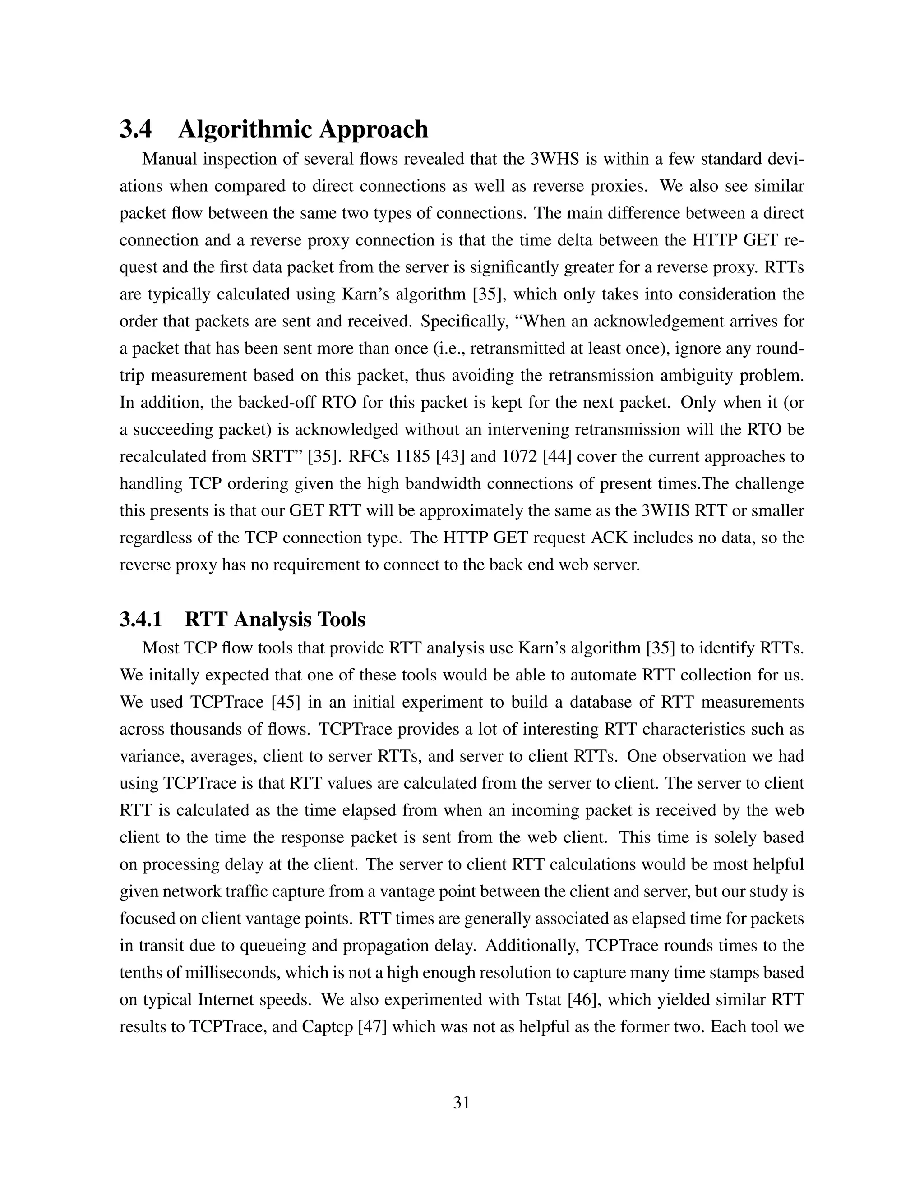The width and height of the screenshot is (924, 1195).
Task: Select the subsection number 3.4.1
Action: [141, 620]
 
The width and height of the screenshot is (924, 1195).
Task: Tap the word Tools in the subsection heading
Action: [344, 620]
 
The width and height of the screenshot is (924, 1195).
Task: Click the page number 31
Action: [462, 1103]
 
